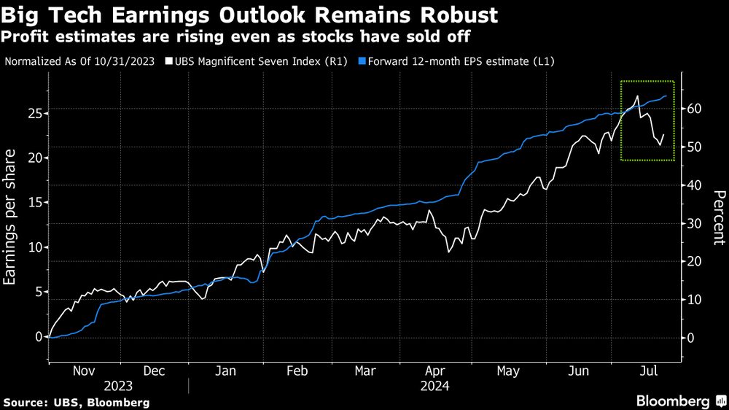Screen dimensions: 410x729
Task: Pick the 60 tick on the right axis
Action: click(x=693, y=109)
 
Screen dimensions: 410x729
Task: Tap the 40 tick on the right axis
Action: click(x=693, y=185)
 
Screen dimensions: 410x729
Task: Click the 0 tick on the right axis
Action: click(x=690, y=337)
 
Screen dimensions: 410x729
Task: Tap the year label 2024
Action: click(x=434, y=386)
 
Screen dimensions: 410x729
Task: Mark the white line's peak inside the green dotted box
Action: click(x=638, y=96)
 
